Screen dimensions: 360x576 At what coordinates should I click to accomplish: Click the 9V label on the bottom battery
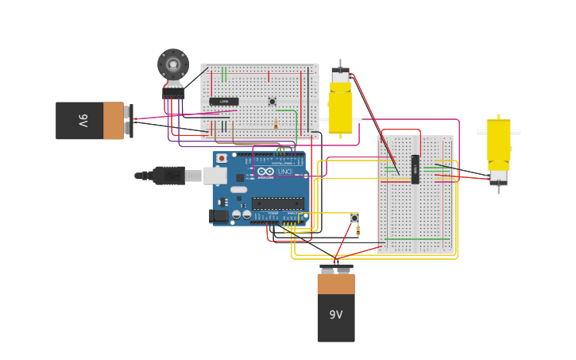336,315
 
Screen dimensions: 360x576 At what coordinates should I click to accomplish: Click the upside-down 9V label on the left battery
83,121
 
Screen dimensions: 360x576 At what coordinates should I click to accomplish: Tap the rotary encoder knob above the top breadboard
172,64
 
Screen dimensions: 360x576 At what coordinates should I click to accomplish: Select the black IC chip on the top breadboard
223,101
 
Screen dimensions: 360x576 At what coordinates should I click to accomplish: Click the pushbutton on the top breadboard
272,101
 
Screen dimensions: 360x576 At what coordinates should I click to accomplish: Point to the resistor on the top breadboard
276,125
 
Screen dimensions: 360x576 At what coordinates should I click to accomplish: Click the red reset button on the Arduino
221,158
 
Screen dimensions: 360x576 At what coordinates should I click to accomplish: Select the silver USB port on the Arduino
215,176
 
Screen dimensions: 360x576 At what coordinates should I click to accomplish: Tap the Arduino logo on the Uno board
265,172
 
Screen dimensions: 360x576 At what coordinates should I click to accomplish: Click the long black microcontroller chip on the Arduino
277,203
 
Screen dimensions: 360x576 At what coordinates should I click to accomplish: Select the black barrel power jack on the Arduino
218,215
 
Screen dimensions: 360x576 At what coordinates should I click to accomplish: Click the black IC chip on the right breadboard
415,168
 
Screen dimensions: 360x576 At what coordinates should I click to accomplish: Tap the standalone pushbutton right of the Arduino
354,218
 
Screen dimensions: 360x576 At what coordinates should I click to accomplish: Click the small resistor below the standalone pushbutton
358,231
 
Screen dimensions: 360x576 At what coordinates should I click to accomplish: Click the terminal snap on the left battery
129,121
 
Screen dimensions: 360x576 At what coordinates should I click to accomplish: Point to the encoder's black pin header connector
172,93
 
